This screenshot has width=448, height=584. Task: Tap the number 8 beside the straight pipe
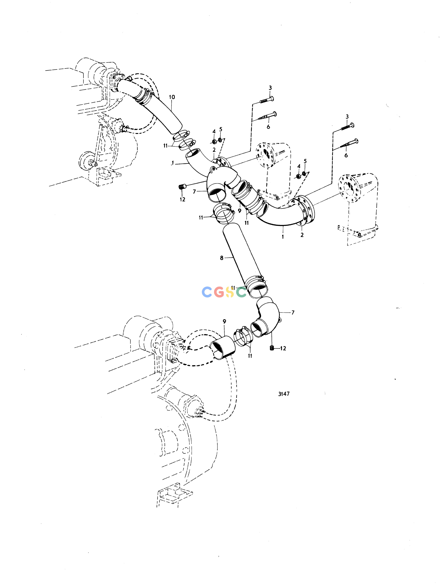click(222, 258)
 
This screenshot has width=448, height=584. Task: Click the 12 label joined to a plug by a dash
click(283, 348)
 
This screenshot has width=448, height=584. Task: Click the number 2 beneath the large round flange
click(302, 235)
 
